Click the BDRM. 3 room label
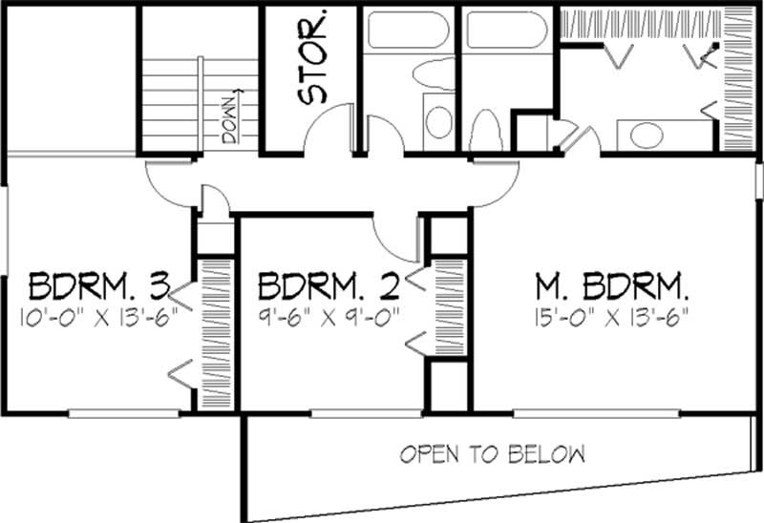coord(99,286)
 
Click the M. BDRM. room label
coord(612,286)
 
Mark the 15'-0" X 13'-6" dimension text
coord(612,316)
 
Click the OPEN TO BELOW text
coord(492,452)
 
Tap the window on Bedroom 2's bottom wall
coord(367,412)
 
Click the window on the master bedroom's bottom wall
coord(597,412)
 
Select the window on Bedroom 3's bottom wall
coord(124,412)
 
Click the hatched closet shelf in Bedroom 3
coord(212,334)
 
